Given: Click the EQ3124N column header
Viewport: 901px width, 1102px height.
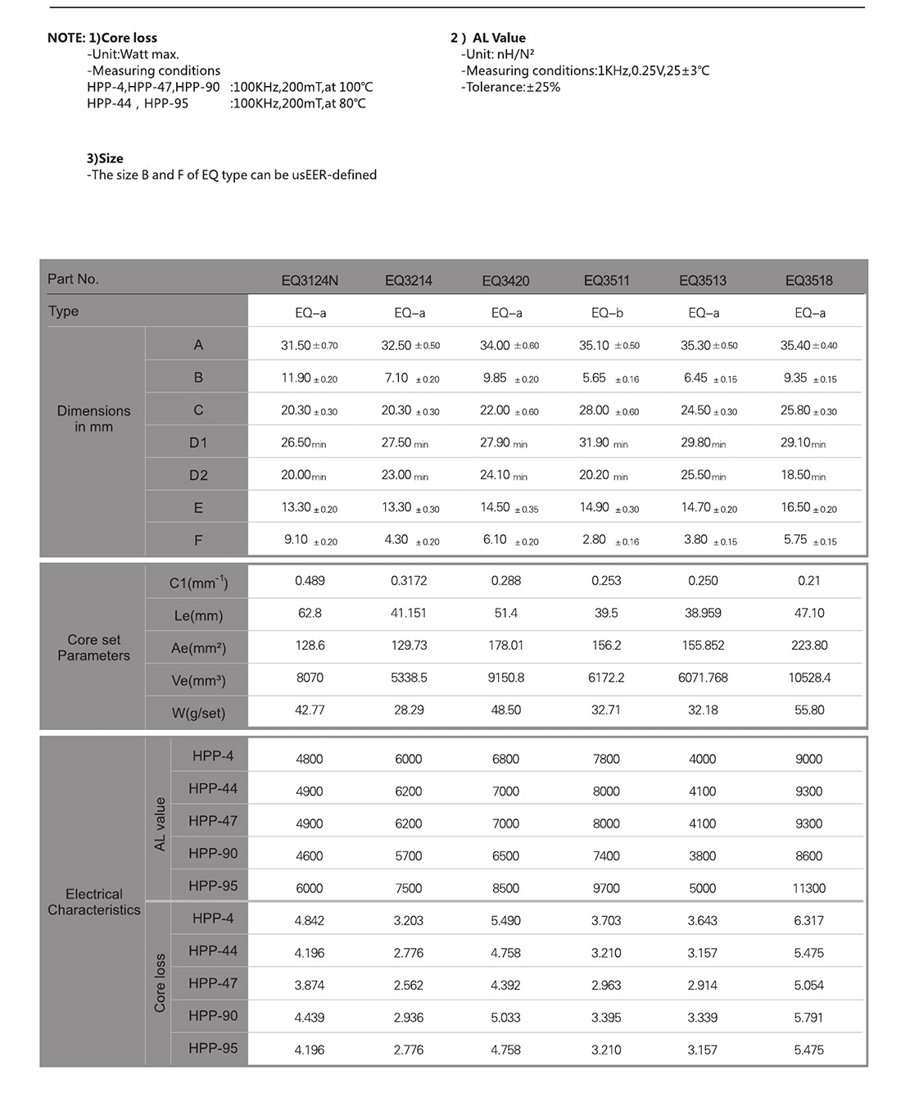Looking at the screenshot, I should (x=310, y=280).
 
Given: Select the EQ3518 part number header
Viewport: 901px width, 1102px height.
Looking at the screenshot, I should (x=808, y=280).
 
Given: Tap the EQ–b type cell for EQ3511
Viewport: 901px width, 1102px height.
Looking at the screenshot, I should (x=607, y=313).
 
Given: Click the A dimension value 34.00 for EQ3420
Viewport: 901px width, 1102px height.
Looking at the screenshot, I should (x=495, y=346).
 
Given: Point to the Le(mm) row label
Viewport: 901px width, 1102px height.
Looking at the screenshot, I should (x=198, y=615).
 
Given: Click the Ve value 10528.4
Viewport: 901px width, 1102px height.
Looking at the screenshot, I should (x=808, y=678).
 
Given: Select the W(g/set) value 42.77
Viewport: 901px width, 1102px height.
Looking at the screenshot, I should (x=310, y=710).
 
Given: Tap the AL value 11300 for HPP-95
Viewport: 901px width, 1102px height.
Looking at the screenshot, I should (x=808, y=888).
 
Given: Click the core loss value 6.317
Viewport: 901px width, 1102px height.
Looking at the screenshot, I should (x=808, y=921).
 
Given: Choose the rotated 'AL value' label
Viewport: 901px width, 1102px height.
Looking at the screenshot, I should (x=160, y=823).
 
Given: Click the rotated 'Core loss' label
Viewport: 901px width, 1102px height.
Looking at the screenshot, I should (x=160, y=983).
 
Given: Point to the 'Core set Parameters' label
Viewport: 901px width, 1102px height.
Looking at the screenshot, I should (x=93, y=647).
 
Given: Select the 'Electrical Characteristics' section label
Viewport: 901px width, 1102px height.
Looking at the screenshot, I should (x=93, y=901).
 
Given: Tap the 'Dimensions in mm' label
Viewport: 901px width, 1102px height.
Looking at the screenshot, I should (x=93, y=418).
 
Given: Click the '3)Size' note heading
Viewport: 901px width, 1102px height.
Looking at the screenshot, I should (x=105, y=158).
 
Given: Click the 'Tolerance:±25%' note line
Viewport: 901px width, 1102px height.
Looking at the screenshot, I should (x=510, y=87).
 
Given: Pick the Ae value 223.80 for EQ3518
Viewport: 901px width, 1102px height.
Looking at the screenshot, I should (x=808, y=646).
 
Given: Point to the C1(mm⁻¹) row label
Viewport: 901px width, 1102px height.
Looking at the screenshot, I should (x=198, y=583).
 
